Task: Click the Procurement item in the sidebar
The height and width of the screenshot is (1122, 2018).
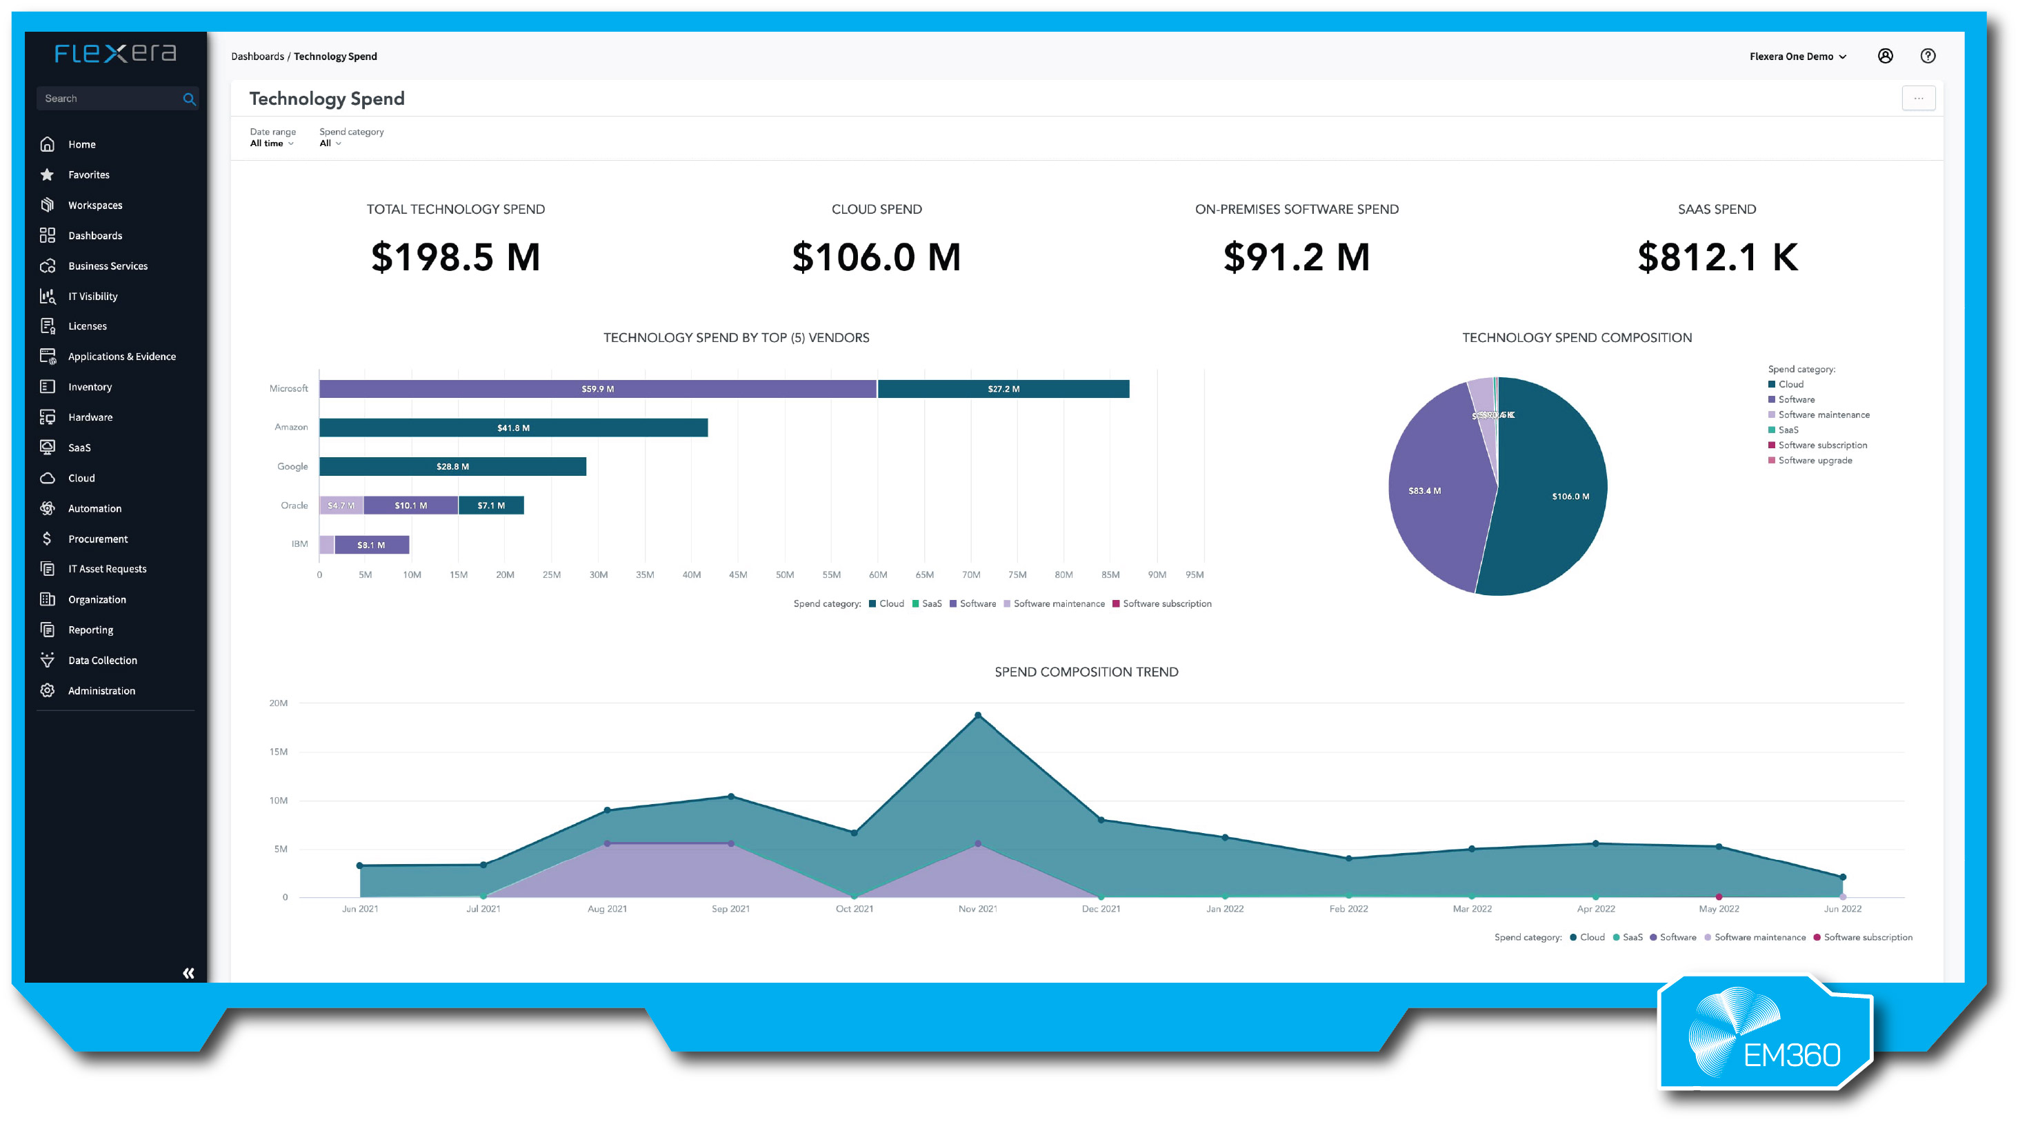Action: click(x=97, y=539)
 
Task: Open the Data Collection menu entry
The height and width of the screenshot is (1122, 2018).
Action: click(x=102, y=661)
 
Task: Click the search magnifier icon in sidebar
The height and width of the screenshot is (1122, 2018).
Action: click(x=189, y=99)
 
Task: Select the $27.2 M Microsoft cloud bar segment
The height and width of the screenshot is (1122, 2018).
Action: click(x=1003, y=389)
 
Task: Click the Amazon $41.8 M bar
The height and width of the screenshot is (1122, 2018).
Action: click(x=513, y=428)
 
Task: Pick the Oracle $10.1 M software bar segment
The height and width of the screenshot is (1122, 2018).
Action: click(x=410, y=505)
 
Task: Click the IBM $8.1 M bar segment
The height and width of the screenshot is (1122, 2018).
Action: click(x=371, y=545)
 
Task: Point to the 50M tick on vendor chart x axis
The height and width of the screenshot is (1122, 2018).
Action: click(x=784, y=574)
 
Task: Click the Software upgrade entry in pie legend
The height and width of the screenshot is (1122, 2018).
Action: click(x=1815, y=461)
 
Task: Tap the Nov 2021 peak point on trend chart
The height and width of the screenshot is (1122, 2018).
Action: click(x=978, y=715)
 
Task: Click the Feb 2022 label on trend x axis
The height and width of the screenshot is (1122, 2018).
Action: click(x=1348, y=909)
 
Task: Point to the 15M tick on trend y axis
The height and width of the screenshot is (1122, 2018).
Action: click(x=278, y=752)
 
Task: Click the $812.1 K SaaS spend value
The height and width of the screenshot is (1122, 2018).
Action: click(x=1717, y=257)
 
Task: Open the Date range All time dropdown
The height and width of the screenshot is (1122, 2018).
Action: click(x=271, y=143)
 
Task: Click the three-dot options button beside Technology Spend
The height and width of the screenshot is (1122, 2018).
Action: click(x=1918, y=99)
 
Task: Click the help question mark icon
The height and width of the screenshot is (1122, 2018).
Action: click(x=1928, y=56)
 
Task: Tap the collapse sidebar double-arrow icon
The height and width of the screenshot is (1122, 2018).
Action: click(x=188, y=973)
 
